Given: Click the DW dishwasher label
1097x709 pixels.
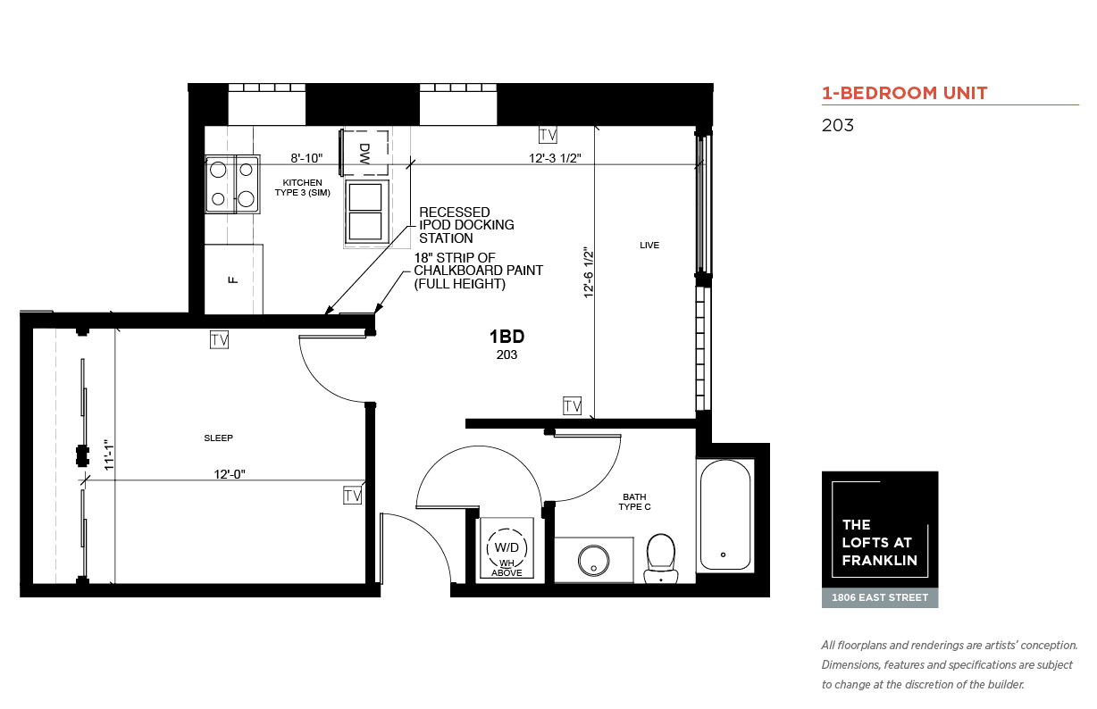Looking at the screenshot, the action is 364,154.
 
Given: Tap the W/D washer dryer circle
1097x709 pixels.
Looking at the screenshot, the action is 507,548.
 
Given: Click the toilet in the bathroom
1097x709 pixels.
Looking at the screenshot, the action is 661,558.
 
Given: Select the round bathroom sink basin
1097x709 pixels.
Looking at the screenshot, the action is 593,561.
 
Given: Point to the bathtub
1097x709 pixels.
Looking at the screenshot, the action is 725,515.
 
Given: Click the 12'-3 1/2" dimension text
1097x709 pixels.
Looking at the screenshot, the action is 555,158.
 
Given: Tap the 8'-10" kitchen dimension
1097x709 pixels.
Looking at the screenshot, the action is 306,158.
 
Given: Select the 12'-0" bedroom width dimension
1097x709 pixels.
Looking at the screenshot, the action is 230,474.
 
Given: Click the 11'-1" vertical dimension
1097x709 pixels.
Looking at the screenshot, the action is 109,455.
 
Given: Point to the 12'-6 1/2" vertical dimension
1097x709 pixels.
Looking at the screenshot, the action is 588,272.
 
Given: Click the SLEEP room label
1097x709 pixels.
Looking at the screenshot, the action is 219,438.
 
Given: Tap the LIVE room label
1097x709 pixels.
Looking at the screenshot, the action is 649,246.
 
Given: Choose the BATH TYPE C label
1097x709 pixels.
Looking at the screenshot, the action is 634,502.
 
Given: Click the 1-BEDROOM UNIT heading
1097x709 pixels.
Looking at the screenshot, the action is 905,93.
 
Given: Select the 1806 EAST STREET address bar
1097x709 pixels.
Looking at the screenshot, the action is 880,597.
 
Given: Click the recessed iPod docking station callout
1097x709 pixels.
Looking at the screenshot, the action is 466,225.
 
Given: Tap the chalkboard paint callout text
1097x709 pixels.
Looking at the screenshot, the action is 479,271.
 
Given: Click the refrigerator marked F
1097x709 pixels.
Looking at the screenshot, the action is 233,279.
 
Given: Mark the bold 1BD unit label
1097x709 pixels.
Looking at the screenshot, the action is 507,337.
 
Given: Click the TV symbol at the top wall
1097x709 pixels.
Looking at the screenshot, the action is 548,135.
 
